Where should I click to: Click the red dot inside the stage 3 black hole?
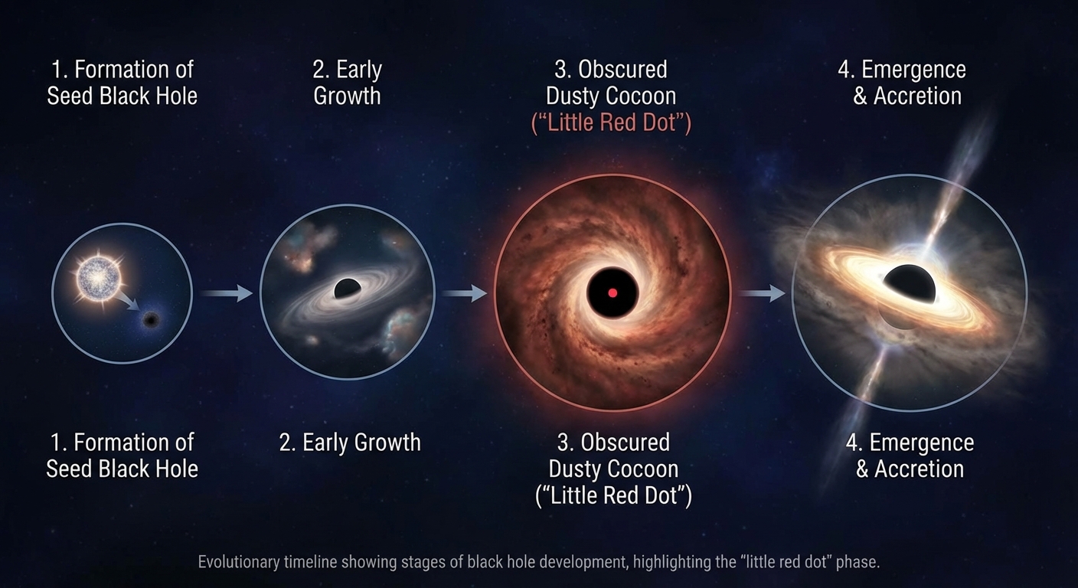(x=612, y=292)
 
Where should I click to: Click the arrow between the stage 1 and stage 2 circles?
(x=227, y=292)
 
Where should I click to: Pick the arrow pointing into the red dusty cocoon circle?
(x=464, y=292)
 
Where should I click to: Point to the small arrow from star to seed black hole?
(x=128, y=300)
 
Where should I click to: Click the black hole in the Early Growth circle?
(x=347, y=289)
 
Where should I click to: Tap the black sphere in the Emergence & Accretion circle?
(x=909, y=284)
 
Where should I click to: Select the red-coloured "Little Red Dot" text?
(x=611, y=122)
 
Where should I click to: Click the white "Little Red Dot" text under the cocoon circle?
(x=612, y=495)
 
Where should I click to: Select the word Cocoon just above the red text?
(x=644, y=96)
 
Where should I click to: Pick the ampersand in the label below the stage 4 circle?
(x=862, y=469)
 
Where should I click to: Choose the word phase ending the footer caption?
(x=859, y=562)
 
